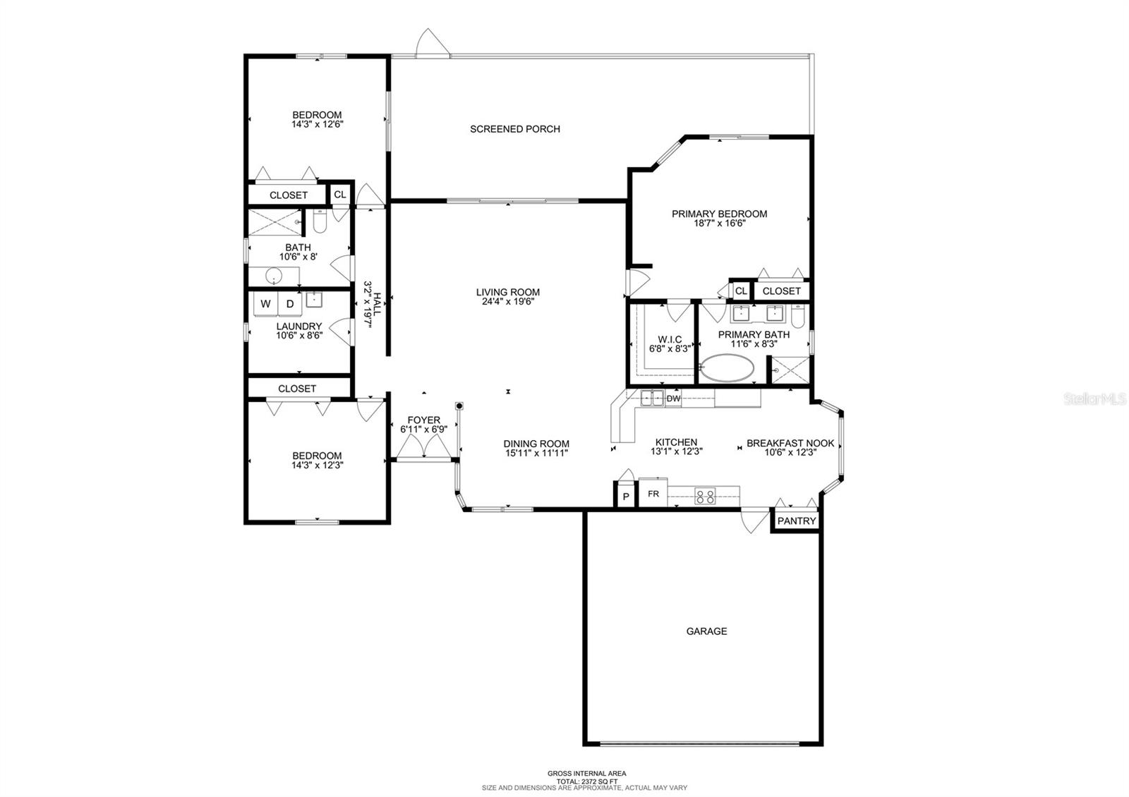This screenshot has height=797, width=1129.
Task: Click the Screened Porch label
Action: pos(514,129)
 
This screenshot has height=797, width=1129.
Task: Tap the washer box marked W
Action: pos(265,304)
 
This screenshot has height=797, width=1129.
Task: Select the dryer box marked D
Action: pos(290,304)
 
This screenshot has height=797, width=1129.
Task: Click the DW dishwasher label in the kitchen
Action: pos(673,399)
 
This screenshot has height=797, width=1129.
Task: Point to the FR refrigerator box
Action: pos(653,494)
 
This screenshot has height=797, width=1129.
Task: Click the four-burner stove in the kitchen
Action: pos(705,497)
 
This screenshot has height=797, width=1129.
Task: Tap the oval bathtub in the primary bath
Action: pos(727,367)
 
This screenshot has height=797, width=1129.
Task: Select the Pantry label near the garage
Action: pos(797,521)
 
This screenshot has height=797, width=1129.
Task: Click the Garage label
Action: pos(706,631)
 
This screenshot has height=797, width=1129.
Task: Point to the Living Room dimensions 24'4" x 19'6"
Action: pos(508,302)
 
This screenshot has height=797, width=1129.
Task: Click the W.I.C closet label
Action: pos(670,339)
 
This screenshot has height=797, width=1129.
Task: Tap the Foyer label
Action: pos(424,420)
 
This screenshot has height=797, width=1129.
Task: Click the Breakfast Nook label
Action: pos(790,444)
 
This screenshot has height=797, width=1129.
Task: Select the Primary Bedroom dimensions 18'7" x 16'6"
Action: pos(720,223)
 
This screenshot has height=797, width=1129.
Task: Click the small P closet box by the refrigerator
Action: pos(626,496)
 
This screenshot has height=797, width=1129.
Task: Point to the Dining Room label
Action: pos(536,444)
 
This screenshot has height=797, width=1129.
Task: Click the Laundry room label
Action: pos(299,327)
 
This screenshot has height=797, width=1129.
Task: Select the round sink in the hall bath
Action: pos(274,276)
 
